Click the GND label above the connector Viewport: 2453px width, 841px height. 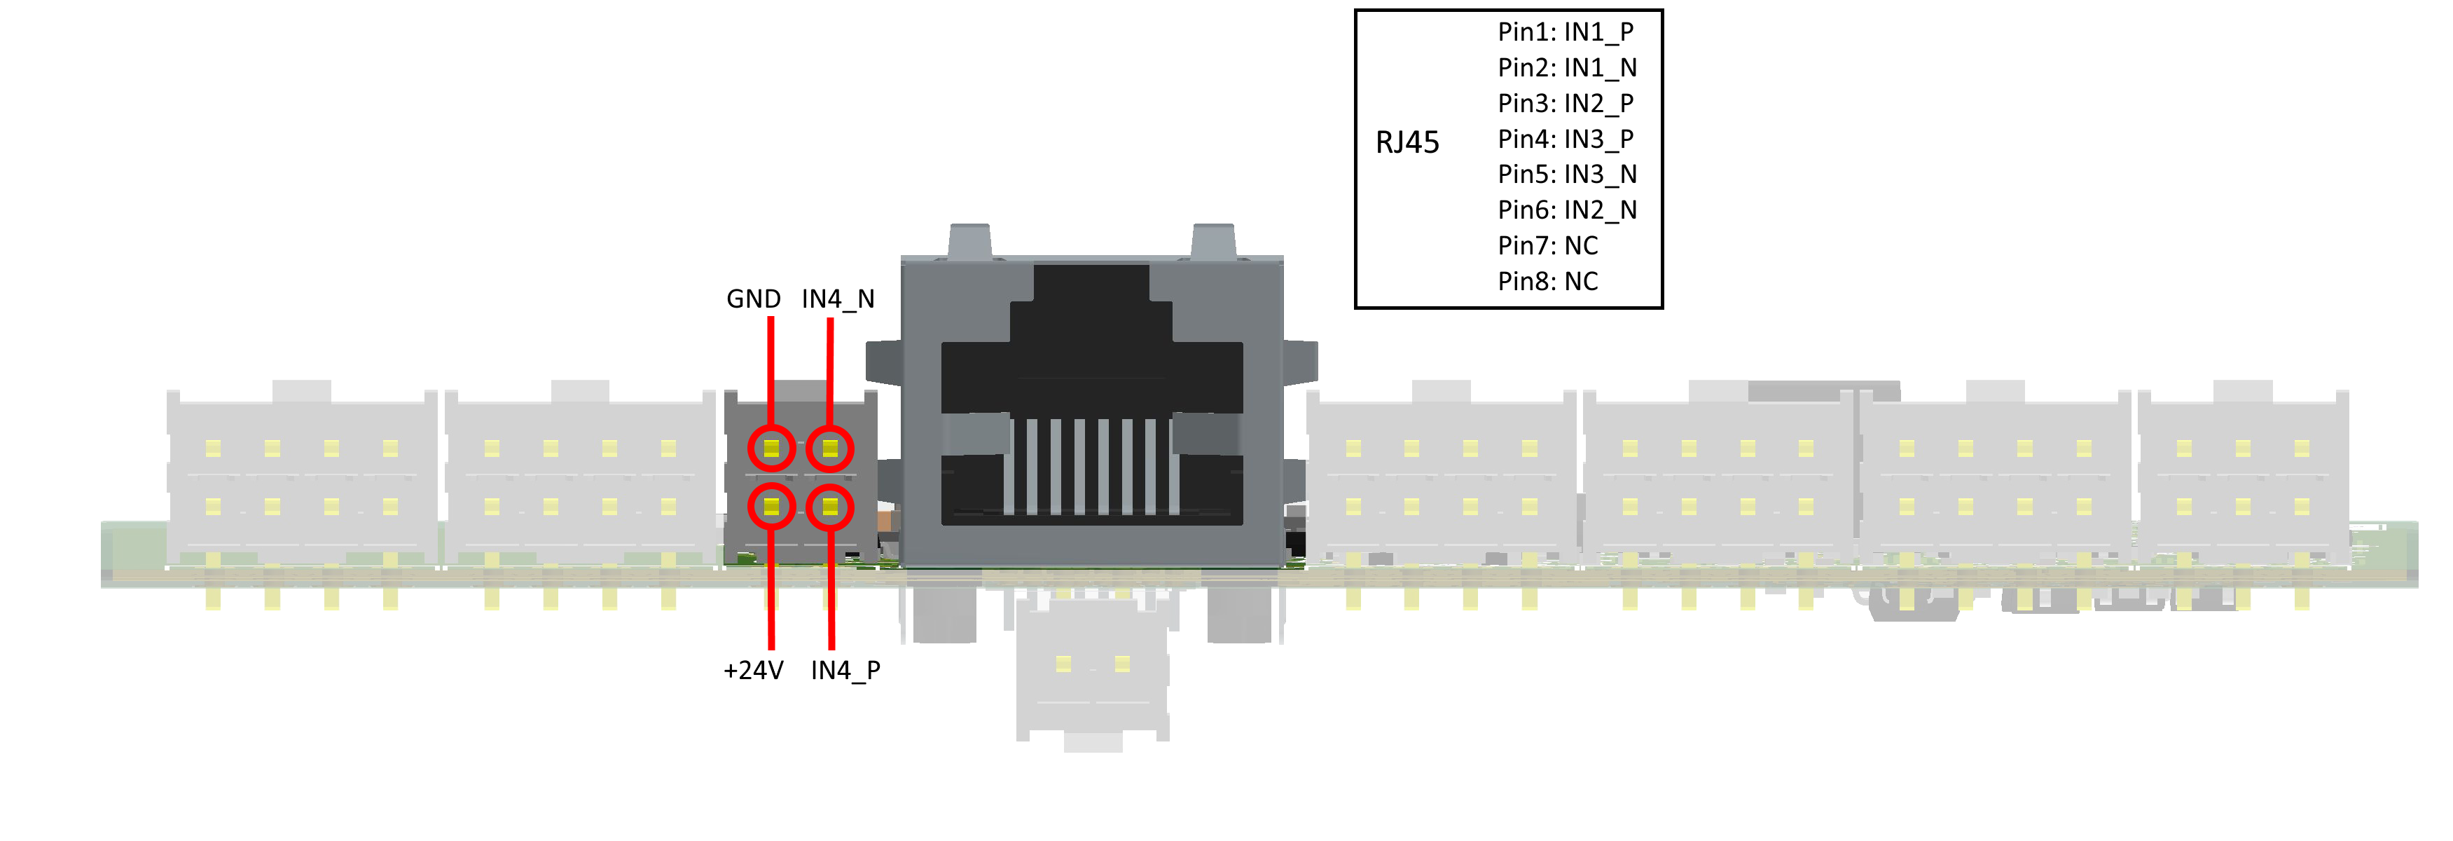point(753,299)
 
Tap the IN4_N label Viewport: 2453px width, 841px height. point(838,299)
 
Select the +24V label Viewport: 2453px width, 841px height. point(753,671)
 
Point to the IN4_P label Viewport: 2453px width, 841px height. point(845,671)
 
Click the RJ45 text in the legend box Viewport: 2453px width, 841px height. point(1407,143)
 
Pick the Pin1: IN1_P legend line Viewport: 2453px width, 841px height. point(1566,32)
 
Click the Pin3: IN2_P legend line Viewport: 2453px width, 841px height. point(1566,103)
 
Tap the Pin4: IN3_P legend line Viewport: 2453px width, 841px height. point(1566,139)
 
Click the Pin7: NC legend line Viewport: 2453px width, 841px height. point(1547,246)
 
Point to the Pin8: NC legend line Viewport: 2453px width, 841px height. point(1547,281)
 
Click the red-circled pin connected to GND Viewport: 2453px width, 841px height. point(771,449)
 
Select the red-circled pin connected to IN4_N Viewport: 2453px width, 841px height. point(830,449)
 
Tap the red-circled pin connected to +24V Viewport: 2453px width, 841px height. point(771,507)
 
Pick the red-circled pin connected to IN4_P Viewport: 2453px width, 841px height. point(830,507)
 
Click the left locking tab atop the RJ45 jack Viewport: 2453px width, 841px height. point(970,241)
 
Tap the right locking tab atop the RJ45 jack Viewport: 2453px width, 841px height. point(1213,241)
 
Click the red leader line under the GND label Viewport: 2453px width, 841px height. point(771,371)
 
